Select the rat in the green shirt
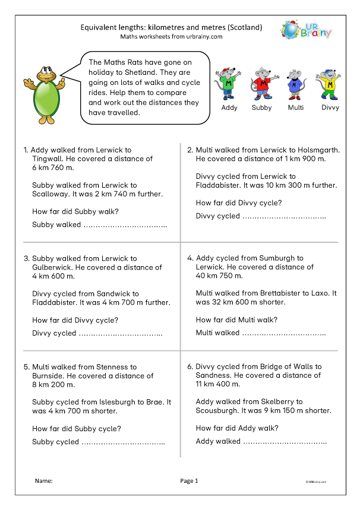click(x=229, y=84)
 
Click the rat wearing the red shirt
click(x=261, y=84)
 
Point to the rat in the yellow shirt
click(x=330, y=84)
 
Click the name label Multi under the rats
click(x=296, y=108)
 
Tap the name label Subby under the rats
click(x=261, y=108)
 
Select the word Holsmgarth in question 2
click(x=317, y=150)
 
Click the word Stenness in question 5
click(x=115, y=367)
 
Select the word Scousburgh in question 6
click(x=217, y=410)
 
